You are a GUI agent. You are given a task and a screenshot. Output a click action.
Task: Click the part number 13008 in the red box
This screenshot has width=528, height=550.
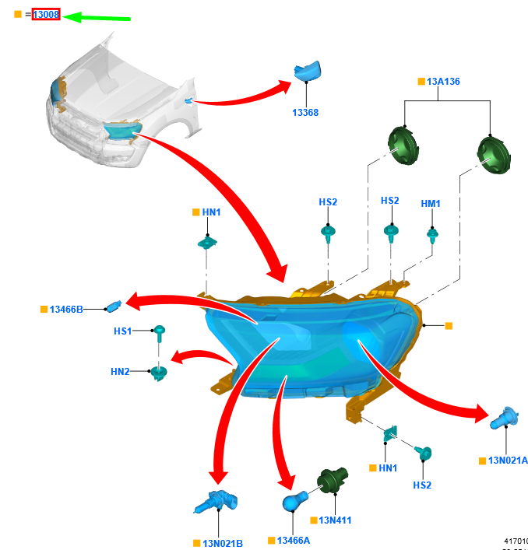pyautogui.click(x=46, y=14)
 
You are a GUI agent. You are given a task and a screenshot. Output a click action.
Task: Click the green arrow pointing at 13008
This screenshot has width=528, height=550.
pyautogui.click(x=97, y=16)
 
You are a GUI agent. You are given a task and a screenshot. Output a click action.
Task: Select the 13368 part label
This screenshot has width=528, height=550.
pyautogui.click(x=305, y=113)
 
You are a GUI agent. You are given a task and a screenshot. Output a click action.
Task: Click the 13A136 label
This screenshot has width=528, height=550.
pyautogui.click(x=443, y=81)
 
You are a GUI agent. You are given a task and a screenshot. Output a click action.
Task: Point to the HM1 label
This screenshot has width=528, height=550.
pyautogui.click(x=431, y=204)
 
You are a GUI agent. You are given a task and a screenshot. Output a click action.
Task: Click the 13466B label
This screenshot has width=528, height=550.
pyautogui.click(x=66, y=310)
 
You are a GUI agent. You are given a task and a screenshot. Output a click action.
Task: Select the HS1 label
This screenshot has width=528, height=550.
pyautogui.click(x=123, y=331)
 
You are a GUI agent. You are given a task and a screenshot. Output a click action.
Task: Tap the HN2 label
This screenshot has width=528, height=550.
pyautogui.click(x=120, y=372)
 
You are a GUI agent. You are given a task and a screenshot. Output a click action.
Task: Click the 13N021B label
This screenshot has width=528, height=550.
pyautogui.click(x=223, y=543)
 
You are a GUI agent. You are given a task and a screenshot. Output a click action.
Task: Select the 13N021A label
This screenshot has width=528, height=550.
pyautogui.click(x=508, y=461)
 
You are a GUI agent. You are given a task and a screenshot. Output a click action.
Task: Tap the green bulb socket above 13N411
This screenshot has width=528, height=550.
pyautogui.click(x=330, y=483)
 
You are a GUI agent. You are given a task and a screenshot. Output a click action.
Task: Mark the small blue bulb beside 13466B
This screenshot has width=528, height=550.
pyautogui.click(x=114, y=305)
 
